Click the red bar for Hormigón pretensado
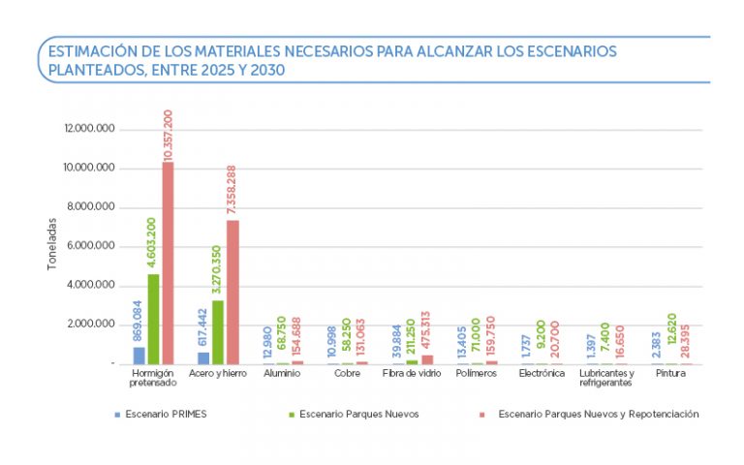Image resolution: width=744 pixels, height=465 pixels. point(168,263)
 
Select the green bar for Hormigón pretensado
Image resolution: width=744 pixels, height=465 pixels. point(153,319)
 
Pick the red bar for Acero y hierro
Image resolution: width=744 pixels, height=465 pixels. point(232,292)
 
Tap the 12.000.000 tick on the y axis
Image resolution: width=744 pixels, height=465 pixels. point(89,129)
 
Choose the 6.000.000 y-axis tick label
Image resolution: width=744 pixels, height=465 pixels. point(89,246)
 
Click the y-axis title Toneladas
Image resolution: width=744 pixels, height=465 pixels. point(53,243)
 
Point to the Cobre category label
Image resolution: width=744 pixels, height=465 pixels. point(348,372)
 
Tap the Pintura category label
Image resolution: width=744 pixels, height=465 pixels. point(670,372)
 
